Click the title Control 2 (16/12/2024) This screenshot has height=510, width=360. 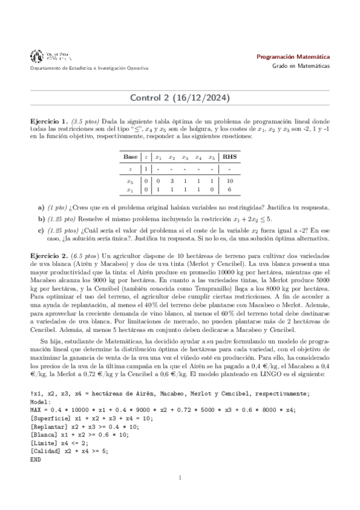[180, 97]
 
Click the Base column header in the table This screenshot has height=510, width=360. [130, 157]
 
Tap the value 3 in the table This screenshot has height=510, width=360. [172, 180]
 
